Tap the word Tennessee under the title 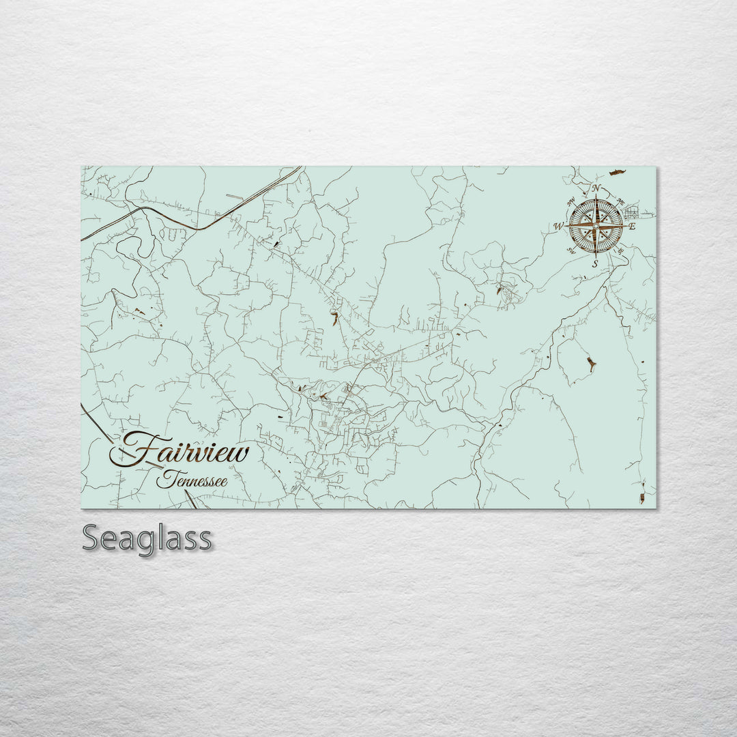pos(192,481)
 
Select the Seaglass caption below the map pos(147,539)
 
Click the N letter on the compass pos(596,188)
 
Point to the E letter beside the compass pos(632,227)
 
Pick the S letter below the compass pos(595,263)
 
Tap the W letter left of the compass pos(558,227)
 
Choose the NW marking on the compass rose pos(571,201)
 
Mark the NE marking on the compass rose pos(621,201)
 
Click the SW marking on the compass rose pos(571,250)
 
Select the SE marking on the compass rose pos(620,251)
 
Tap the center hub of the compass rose pos(596,226)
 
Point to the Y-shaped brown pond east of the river pos(591,364)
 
